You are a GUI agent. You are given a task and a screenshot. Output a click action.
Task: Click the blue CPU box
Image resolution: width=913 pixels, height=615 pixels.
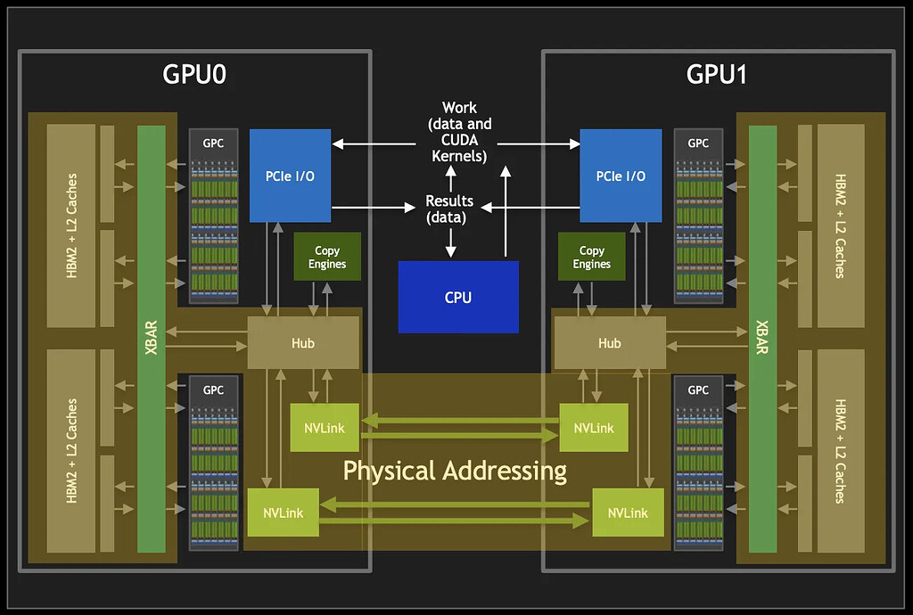pyautogui.click(x=457, y=297)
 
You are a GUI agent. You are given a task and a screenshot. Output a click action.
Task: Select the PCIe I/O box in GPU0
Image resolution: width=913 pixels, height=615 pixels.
pyautogui.click(x=290, y=176)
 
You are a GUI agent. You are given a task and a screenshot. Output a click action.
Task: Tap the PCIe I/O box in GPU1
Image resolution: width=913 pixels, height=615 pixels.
pyautogui.click(x=621, y=176)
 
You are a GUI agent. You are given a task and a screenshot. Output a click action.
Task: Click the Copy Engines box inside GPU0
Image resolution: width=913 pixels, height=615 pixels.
pyautogui.click(x=327, y=258)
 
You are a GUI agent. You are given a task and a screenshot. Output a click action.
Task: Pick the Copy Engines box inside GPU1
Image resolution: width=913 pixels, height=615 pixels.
pyautogui.click(x=591, y=258)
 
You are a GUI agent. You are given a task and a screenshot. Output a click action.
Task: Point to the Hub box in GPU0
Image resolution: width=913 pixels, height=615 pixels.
pyautogui.click(x=303, y=343)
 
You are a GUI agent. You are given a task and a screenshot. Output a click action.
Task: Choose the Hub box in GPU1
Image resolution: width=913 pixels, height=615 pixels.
pyautogui.click(x=609, y=343)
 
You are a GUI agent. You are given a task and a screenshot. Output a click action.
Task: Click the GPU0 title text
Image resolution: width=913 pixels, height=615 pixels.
pyautogui.click(x=194, y=75)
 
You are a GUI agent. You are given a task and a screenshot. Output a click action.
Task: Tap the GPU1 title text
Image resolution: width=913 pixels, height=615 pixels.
pyautogui.click(x=717, y=75)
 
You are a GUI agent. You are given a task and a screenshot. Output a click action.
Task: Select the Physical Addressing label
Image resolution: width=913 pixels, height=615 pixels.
pyautogui.click(x=455, y=470)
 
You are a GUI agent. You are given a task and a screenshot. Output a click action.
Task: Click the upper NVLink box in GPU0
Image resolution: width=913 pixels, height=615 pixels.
pyautogui.click(x=324, y=428)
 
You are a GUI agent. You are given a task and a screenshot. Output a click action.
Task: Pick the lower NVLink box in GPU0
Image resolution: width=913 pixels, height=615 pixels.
pyautogui.click(x=283, y=512)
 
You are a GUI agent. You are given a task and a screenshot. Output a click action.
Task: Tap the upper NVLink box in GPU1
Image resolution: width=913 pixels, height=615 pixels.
pyautogui.click(x=594, y=428)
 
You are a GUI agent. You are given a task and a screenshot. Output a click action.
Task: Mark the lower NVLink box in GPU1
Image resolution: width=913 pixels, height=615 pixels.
pyautogui.click(x=628, y=512)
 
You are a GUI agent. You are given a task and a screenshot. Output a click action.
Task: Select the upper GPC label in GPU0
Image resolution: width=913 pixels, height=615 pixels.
pyautogui.click(x=213, y=143)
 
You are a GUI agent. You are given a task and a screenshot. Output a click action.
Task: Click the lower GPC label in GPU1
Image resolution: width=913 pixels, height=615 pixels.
pyautogui.click(x=698, y=389)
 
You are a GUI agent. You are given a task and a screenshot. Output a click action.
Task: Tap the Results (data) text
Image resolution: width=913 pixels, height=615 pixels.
pyautogui.click(x=449, y=209)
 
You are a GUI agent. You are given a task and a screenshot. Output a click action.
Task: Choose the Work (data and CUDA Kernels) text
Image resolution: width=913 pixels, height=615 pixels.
pyautogui.click(x=459, y=132)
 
